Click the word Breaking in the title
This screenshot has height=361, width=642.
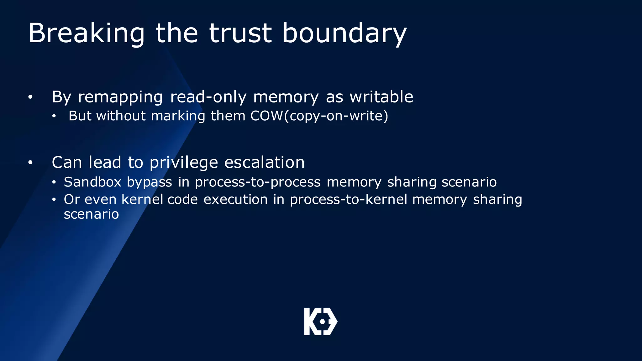click(87, 34)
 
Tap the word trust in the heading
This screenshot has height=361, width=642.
click(240, 33)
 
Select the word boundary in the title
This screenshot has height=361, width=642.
click(345, 34)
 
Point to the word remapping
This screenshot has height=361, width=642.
click(120, 97)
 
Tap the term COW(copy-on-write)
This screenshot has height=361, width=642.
click(319, 116)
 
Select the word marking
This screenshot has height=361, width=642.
click(178, 116)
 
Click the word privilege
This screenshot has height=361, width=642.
click(184, 163)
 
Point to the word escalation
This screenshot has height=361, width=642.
click(265, 162)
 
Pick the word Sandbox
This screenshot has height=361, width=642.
click(92, 182)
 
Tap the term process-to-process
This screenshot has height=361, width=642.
click(258, 182)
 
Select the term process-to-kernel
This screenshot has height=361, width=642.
click(349, 200)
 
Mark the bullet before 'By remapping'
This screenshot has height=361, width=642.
click(30, 97)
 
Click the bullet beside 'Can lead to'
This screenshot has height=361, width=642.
click(30, 163)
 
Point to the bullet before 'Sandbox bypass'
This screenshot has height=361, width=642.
click(54, 182)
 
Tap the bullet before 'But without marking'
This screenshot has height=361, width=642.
click(54, 116)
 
